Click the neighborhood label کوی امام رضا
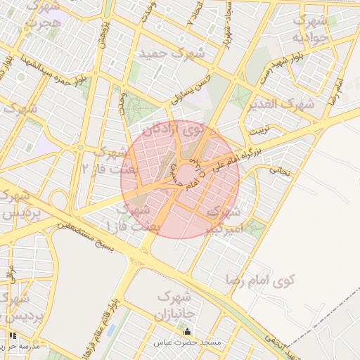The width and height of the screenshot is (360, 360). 260,280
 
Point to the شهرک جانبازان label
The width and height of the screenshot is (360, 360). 176,303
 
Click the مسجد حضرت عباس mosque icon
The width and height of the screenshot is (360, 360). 187,332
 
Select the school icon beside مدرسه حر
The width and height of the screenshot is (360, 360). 12,336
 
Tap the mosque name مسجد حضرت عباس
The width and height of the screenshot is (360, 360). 188,342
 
